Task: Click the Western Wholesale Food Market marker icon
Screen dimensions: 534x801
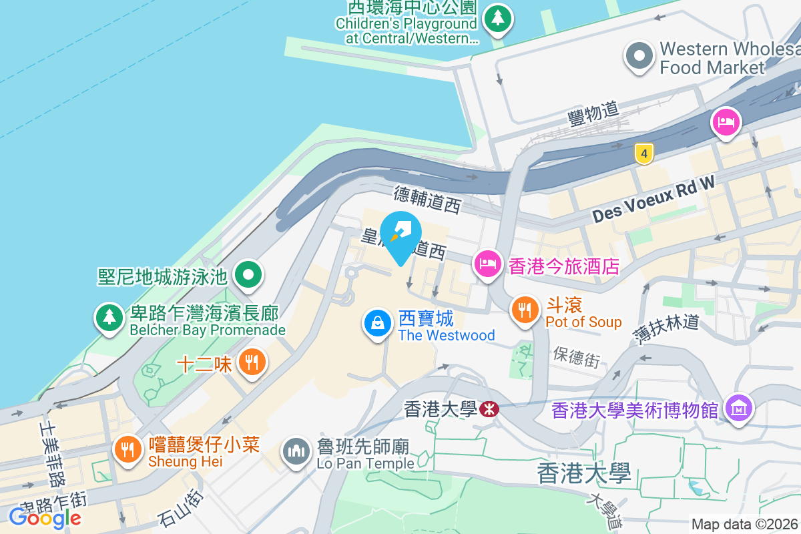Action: click(639, 57)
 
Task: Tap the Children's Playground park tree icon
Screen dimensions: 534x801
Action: click(497, 19)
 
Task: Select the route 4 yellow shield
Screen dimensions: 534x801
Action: click(643, 154)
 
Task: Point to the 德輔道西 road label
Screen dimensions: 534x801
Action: click(427, 200)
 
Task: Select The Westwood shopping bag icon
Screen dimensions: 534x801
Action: click(378, 323)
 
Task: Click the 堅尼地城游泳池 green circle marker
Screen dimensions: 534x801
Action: click(249, 274)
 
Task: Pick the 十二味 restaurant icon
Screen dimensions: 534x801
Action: click(252, 362)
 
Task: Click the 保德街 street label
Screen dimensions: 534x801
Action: click(576, 358)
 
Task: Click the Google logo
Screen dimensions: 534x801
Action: click(45, 517)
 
